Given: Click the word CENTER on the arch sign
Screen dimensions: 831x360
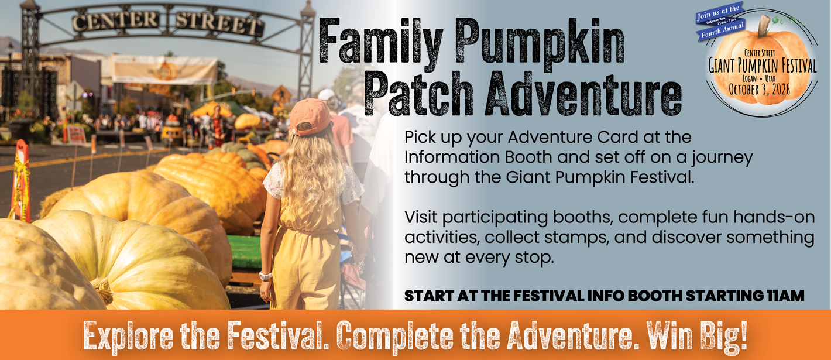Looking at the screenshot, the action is tap(116, 21).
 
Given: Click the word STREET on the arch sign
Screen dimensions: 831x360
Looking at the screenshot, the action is tap(219, 23).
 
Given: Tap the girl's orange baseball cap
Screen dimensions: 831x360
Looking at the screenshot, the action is tap(310, 116).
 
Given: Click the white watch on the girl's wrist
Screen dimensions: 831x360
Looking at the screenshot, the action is tap(265, 276).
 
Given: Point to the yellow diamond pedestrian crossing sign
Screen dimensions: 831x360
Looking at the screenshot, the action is tap(281, 95).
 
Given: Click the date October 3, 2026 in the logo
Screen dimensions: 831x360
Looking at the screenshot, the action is tap(760, 90).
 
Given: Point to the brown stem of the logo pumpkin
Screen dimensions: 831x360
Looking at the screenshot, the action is tap(764, 26).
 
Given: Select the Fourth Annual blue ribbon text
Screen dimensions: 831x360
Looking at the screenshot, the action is tap(722, 31).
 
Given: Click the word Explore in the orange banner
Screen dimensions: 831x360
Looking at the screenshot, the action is tap(128, 337).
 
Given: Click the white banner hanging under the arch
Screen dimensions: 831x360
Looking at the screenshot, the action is tap(164, 70).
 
